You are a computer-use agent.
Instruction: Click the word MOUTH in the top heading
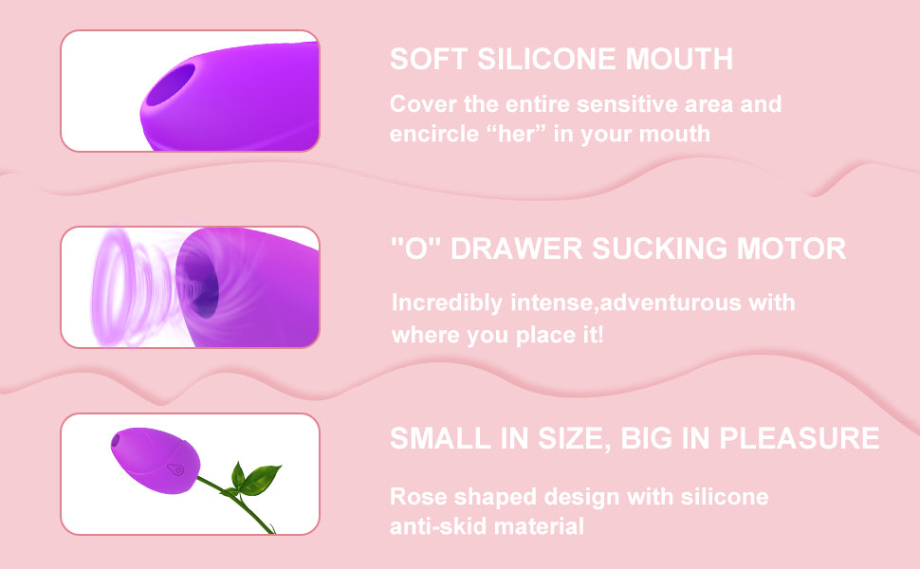(679, 59)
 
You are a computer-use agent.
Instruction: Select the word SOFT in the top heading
(429, 59)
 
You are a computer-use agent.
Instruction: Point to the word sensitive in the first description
(625, 104)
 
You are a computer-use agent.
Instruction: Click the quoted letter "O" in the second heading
(416, 248)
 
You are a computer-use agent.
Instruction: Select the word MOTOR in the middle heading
(791, 248)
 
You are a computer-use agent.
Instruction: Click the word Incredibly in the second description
(447, 303)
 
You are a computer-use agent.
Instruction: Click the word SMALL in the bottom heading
(440, 438)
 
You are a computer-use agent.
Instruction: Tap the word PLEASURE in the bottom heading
(800, 438)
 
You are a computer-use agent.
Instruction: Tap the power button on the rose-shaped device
(175, 469)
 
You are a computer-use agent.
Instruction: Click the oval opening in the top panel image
(170, 84)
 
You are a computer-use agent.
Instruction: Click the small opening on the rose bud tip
(116, 439)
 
